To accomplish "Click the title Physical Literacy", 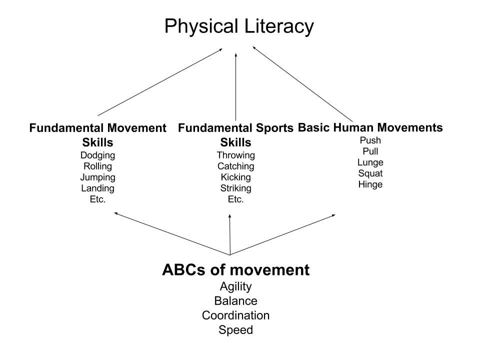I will pos(239,26).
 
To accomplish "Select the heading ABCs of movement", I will pos(235,270).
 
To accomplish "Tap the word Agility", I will pos(235,287).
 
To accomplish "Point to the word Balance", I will pos(235,301).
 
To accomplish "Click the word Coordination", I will pos(235,315).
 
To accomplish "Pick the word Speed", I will pos(235,330).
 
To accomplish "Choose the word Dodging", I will pos(97,155).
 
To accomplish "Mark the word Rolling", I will pos(97,166).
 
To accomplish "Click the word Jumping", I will pos(97,177).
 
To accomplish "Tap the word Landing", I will pos(97,188).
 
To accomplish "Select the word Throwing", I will pos(235,155).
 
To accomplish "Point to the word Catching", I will pos(235,166).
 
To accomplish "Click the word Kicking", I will pos(235,177).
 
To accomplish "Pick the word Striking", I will pos(235,188).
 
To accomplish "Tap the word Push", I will pos(370,140).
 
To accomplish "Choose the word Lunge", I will pos(370,162).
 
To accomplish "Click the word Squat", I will pos(370,173).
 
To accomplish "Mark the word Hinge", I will pos(370,184).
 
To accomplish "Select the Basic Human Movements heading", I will pos(370,127).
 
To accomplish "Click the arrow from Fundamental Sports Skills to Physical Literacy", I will pos(235,85).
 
